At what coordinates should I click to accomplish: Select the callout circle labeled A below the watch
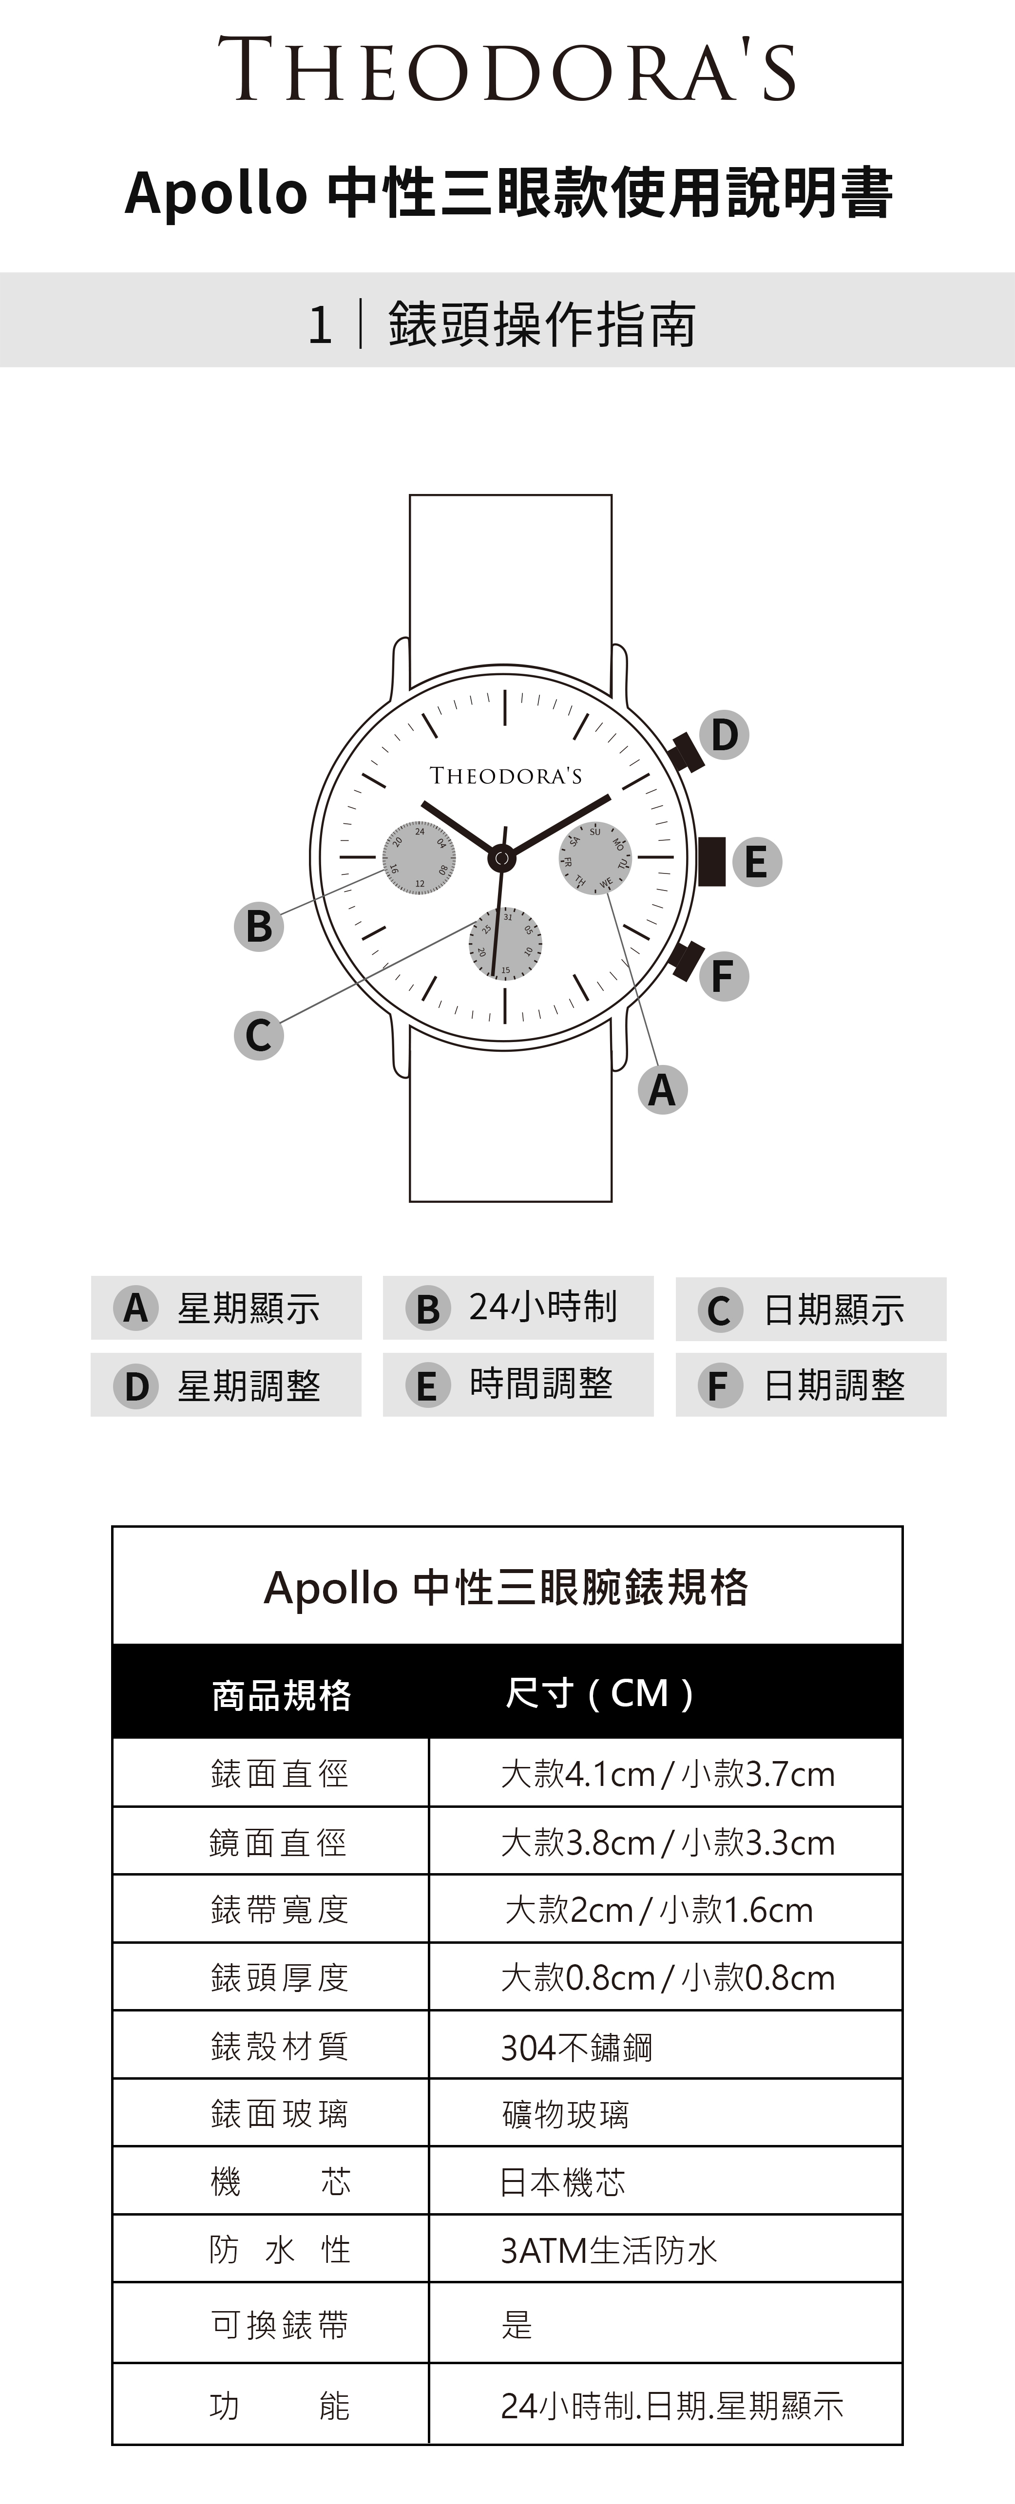[x=662, y=1090]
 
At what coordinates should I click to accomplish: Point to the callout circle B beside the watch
[x=259, y=926]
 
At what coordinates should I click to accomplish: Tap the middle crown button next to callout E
[x=711, y=861]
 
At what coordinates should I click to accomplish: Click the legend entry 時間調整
[x=518, y=1384]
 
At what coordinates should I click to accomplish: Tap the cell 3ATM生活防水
[x=609, y=2250]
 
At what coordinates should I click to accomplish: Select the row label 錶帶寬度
[x=279, y=1909]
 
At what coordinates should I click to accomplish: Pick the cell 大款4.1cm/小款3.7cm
[x=667, y=1774]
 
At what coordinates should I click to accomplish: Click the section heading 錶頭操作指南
[x=541, y=323]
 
